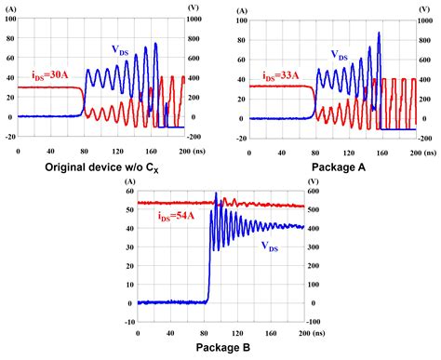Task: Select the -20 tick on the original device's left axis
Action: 10,137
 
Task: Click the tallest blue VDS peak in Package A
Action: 379,33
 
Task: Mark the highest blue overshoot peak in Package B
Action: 216,193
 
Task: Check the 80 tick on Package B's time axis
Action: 205,333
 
